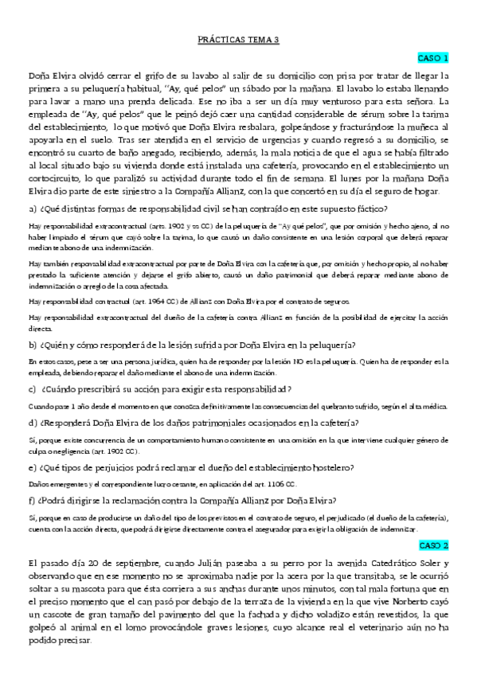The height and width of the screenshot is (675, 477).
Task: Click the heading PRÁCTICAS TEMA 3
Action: coord(238,39)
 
